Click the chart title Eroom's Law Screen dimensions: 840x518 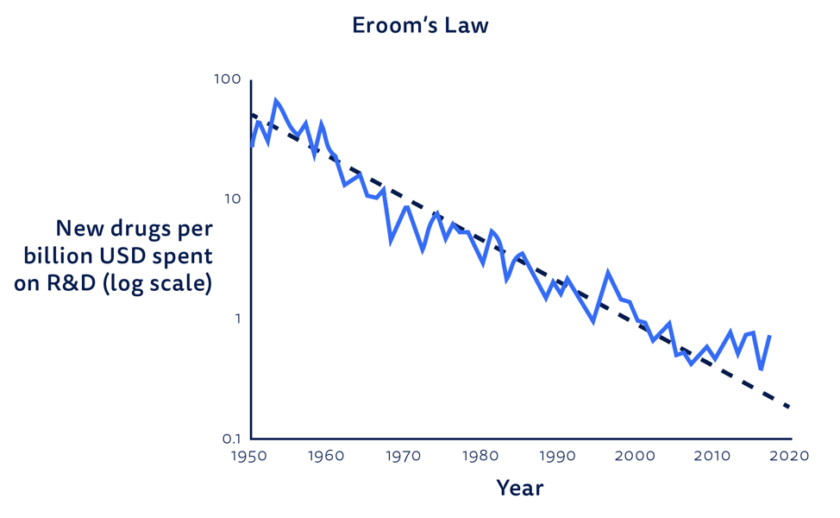(420, 25)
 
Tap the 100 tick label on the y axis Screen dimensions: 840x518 (228, 79)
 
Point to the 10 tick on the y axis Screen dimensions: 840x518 (233, 199)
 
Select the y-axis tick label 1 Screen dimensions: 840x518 (237, 319)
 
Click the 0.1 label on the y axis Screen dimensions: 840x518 (232, 439)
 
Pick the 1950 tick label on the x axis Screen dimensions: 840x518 (249, 456)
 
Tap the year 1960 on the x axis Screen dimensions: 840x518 (326, 456)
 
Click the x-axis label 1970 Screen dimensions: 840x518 (403, 456)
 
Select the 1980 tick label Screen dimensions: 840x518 (480, 456)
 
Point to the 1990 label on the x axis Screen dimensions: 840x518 (558, 456)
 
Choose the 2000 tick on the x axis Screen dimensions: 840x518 (635, 456)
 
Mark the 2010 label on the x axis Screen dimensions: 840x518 (712, 456)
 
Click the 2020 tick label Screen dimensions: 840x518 (789, 456)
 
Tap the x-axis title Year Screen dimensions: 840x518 (520, 488)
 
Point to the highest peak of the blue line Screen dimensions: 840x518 (276, 100)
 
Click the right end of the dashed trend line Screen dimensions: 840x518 (789, 407)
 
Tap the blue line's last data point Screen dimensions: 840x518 (769, 336)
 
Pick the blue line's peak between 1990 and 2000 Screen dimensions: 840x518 (608, 273)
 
